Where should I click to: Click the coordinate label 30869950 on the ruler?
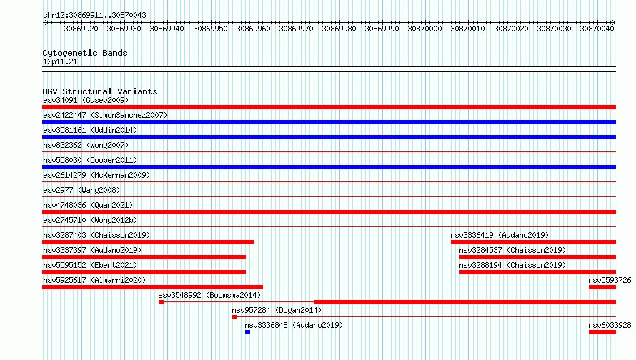tap(210, 29)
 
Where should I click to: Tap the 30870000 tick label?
tap(424, 29)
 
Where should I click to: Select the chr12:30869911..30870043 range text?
tap(94, 16)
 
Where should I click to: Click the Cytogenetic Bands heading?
tap(85, 53)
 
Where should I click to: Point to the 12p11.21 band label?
tap(60, 61)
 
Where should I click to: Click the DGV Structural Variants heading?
tap(100, 91)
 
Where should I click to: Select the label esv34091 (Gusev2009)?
tap(86, 100)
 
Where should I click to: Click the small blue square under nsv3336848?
tap(247, 332)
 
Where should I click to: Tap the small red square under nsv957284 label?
tap(234, 317)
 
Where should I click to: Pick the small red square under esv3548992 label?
tap(161, 302)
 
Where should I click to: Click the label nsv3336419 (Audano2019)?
tap(500, 235)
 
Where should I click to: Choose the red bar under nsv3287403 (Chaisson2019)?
tap(148, 242)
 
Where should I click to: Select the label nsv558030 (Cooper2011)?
tap(90, 160)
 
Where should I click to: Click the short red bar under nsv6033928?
tap(602, 332)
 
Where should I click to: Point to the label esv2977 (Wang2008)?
tap(81, 190)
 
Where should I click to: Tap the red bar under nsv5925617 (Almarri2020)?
tap(152, 287)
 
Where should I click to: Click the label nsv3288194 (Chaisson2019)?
tap(512, 265)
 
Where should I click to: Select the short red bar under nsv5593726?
tap(602, 287)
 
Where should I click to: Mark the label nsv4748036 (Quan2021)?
tap(88, 205)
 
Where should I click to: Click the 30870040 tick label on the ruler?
tap(597, 29)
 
